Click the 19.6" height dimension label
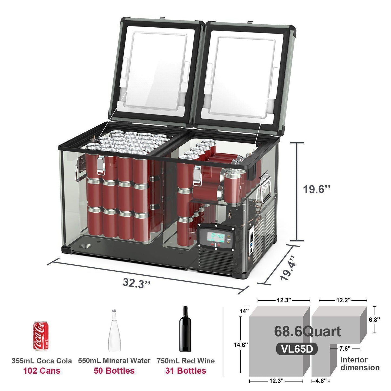click(317, 189)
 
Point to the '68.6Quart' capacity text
click(307, 331)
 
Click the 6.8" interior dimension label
click(374, 320)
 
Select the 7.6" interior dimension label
click(345, 349)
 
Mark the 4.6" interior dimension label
click(321, 381)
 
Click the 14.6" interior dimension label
click(241, 345)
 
